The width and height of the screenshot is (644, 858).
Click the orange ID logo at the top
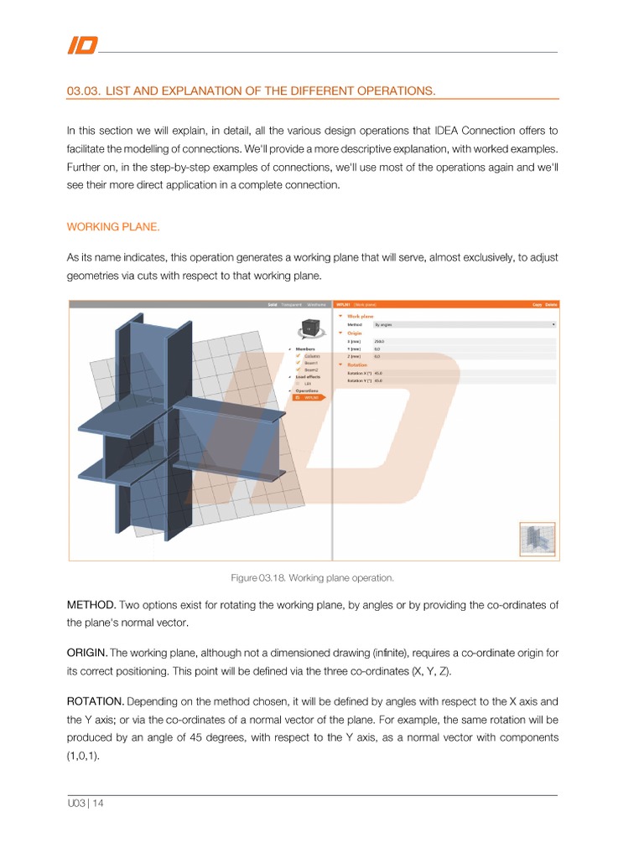pos(81,45)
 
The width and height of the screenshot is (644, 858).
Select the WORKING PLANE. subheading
pos(112,227)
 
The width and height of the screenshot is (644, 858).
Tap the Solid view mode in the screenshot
pos(272,305)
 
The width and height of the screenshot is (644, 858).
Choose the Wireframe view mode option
pos(316,305)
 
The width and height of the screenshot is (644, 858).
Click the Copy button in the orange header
pos(537,305)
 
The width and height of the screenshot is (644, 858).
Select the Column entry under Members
pos(311,356)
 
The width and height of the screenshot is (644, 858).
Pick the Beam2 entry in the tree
pos(311,370)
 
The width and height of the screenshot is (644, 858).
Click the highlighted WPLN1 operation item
pos(310,397)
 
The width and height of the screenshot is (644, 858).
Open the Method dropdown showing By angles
pos(464,324)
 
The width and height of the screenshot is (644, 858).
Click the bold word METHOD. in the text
pos(91,605)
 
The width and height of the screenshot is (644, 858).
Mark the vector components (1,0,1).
pos(81,756)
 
